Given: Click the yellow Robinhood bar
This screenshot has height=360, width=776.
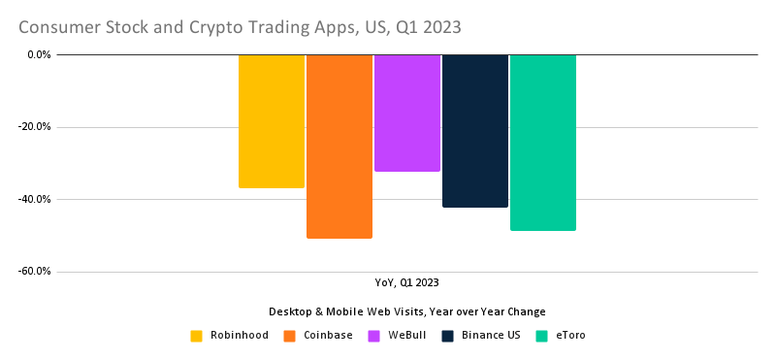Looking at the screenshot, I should click(x=272, y=121).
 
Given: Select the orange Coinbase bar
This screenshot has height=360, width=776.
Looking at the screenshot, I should click(x=339, y=146).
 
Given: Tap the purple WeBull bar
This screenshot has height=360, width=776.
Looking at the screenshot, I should click(x=407, y=113).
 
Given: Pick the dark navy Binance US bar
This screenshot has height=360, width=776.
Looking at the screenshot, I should click(x=475, y=131).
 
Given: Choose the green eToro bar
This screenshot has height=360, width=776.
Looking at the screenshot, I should click(x=543, y=143).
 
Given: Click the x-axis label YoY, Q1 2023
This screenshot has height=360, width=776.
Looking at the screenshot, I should click(x=407, y=283).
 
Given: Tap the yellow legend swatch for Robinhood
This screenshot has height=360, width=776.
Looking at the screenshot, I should click(x=197, y=336).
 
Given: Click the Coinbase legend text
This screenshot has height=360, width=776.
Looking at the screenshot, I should click(x=329, y=336).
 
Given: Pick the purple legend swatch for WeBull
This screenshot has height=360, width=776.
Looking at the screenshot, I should click(x=373, y=336).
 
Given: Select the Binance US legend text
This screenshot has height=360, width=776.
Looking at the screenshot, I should click(x=492, y=336).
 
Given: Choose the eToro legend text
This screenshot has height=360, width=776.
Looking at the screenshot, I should click(x=569, y=336).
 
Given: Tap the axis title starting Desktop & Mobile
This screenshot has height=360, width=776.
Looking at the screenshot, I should click(x=407, y=311).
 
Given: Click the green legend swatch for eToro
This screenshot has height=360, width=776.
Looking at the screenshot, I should click(x=542, y=336).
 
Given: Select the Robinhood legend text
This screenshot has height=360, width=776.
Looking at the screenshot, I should click(x=240, y=336).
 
